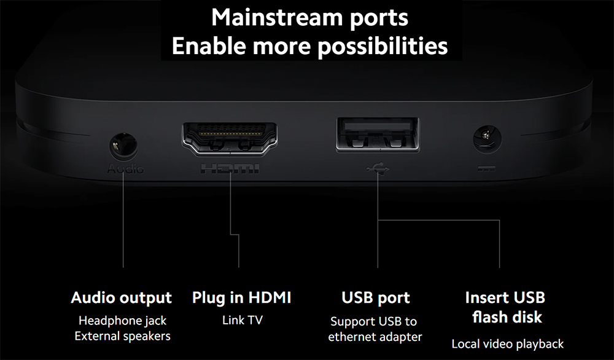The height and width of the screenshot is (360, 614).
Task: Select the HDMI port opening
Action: [230, 138]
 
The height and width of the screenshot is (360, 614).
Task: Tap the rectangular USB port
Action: [378, 135]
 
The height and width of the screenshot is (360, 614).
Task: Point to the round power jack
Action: [487, 139]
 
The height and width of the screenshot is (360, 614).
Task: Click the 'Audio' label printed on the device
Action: [125, 169]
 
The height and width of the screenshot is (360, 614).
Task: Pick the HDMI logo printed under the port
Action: [230, 169]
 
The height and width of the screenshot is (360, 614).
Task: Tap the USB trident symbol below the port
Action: [378, 169]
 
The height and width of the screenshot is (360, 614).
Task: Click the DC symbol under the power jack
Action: [487, 169]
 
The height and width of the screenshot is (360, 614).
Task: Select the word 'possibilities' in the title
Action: [383, 46]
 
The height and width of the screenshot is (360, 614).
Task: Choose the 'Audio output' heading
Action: [122, 298]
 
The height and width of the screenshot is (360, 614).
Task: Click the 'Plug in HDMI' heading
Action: [241, 298]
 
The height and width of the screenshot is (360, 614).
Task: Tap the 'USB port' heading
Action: [376, 298]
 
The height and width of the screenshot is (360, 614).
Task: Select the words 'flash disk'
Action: [507, 317]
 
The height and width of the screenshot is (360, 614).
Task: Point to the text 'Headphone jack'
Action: [123, 321]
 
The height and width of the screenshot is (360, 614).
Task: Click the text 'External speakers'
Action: [123, 336]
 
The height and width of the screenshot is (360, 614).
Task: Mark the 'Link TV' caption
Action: [243, 321]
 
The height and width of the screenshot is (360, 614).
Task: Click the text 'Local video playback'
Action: [508, 344]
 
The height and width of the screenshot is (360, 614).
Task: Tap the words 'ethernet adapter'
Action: [375, 337]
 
